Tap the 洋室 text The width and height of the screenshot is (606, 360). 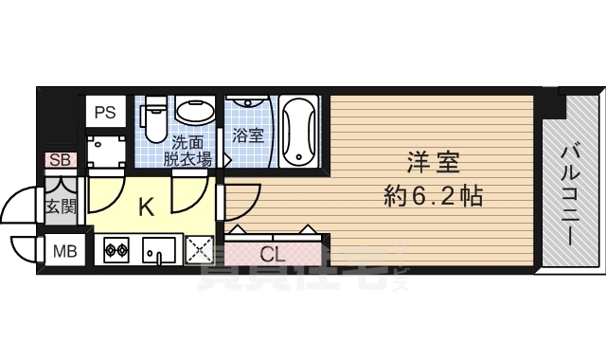tap(433, 163)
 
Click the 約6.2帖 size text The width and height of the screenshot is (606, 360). tap(433, 197)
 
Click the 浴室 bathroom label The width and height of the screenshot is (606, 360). tap(250, 136)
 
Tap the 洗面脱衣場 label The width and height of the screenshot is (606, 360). tap(187, 152)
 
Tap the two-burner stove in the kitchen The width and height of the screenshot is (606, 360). tap(116, 251)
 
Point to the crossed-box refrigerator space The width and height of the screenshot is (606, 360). tap(199, 251)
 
